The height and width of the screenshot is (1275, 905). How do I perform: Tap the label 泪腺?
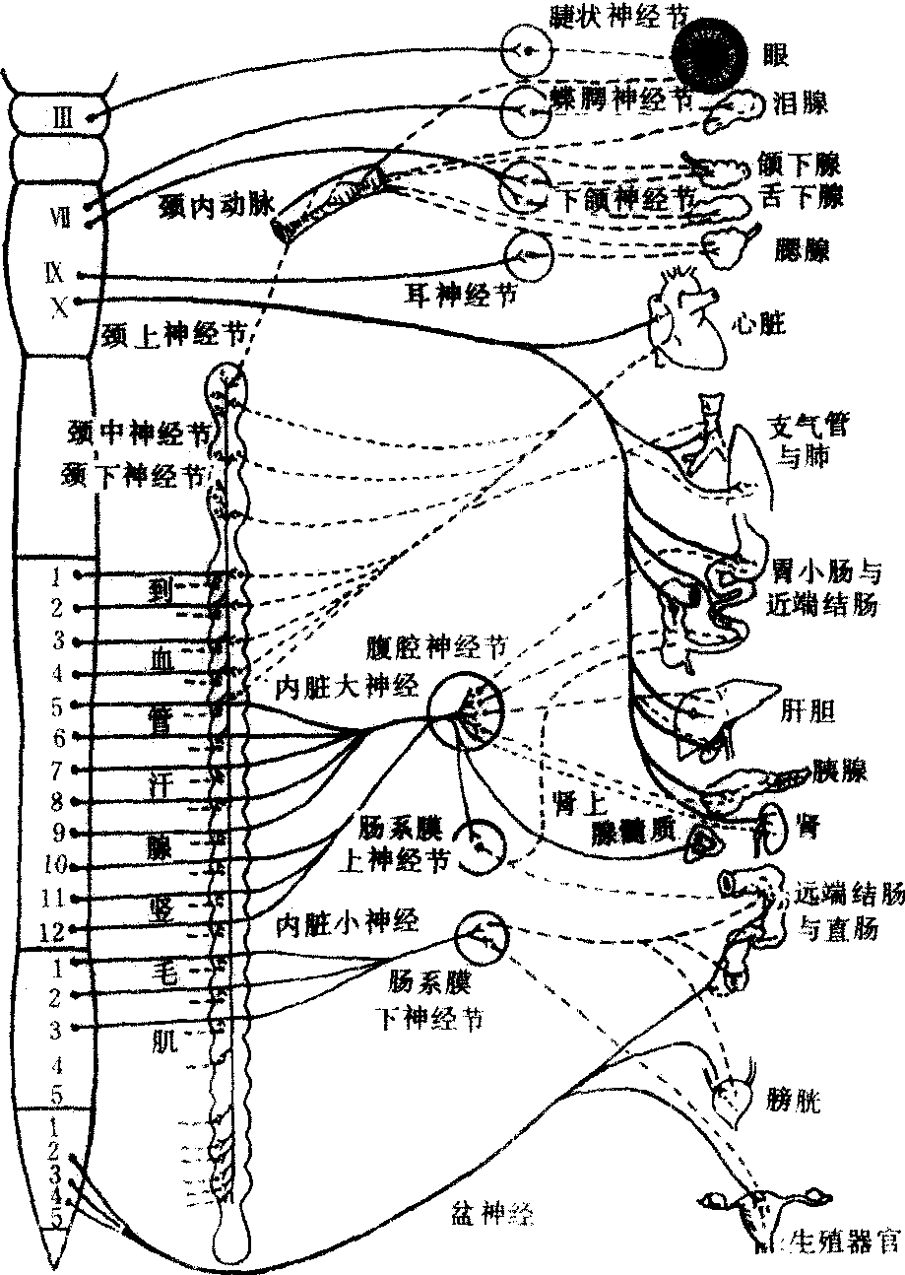coord(801,102)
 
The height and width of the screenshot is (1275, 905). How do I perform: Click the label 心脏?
coord(762,324)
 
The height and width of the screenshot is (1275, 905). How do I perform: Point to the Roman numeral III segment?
coord(61,118)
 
